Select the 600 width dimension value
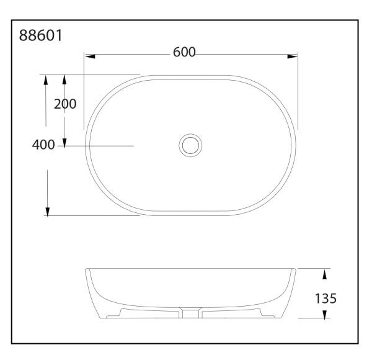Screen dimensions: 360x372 coord(184,53)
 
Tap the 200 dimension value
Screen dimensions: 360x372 coord(64,104)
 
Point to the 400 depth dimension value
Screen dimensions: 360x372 coord(43,145)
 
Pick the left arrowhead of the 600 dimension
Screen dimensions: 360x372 coord(90,56)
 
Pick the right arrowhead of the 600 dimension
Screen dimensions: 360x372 coord(292,56)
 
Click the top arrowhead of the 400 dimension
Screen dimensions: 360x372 coord(46,80)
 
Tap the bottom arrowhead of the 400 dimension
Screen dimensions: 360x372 coord(47,212)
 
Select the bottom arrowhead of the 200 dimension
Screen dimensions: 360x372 coord(64,141)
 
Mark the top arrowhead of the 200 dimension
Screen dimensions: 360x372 coord(64,80)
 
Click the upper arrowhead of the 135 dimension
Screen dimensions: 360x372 coord(324,274)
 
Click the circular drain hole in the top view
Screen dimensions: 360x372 coord(191,145)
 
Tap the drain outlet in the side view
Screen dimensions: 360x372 coord(191,313)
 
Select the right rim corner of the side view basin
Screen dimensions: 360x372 coord(295,269)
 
